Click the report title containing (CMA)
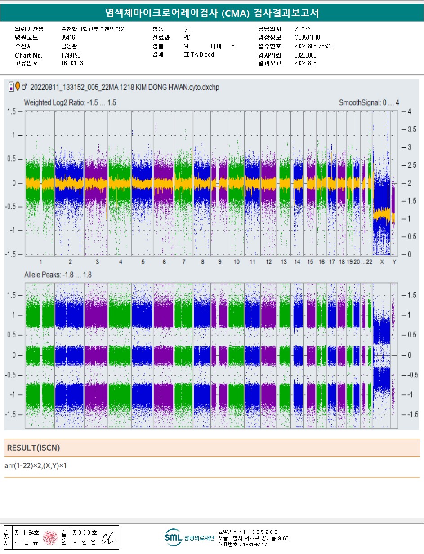click(x=212, y=13)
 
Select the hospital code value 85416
click(x=68, y=37)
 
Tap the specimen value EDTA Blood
click(x=198, y=55)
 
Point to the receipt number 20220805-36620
click(x=313, y=46)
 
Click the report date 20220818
click(x=305, y=63)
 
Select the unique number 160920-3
click(x=72, y=63)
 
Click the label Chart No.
click(x=29, y=55)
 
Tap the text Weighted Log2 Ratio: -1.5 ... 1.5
click(x=70, y=103)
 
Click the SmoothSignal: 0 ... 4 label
click(x=369, y=103)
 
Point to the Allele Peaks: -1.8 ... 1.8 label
click(x=58, y=275)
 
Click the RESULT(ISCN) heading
click(x=33, y=448)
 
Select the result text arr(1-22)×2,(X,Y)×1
click(x=36, y=465)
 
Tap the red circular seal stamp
click(x=50, y=537)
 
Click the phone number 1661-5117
click(x=254, y=545)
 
